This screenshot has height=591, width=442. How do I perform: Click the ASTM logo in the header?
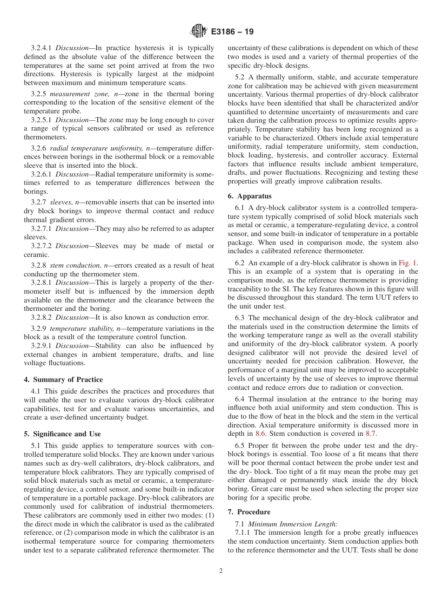[199, 32]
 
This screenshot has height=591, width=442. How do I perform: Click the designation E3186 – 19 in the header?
[232, 32]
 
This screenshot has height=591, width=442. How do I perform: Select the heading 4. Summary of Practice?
[63, 380]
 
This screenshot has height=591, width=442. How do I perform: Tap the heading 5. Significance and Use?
[62, 434]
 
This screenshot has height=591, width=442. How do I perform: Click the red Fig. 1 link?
[408, 263]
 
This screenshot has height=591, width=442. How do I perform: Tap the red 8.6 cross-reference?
[261, 433]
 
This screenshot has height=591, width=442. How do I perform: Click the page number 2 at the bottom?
[221, 571]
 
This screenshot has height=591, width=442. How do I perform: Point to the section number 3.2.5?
[39, 94]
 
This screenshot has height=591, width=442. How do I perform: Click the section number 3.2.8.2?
[42, 318]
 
